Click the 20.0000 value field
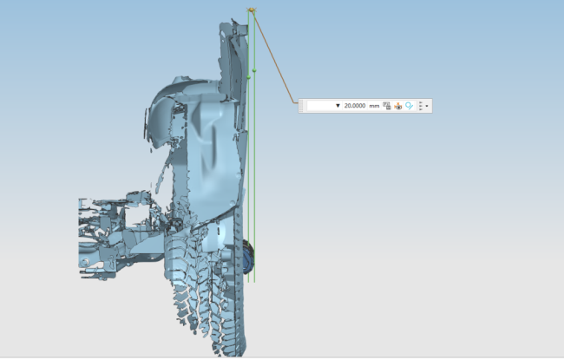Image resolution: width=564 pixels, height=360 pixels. [x=354, y=106]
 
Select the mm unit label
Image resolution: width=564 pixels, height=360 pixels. [x=374, y=106]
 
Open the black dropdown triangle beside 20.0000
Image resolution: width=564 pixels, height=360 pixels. [x=338, y=106]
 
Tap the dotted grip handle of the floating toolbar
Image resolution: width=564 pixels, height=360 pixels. [x=302, y=106]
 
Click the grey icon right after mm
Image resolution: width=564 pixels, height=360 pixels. [x=387, y=106]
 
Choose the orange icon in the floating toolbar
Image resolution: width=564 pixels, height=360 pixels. [x=398, y=106]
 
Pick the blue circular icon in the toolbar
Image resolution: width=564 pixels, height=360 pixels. [x=409, y=106]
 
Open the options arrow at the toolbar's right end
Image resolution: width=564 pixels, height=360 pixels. [x=427, y=106]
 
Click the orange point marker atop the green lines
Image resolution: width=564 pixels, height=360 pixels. [x=252, y=10]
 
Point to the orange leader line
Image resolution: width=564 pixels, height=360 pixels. [x=273, y=56]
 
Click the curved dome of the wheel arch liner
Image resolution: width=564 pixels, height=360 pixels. [x=174, y=91]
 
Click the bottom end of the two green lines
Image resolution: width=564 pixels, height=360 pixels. [x=252, y=280]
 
